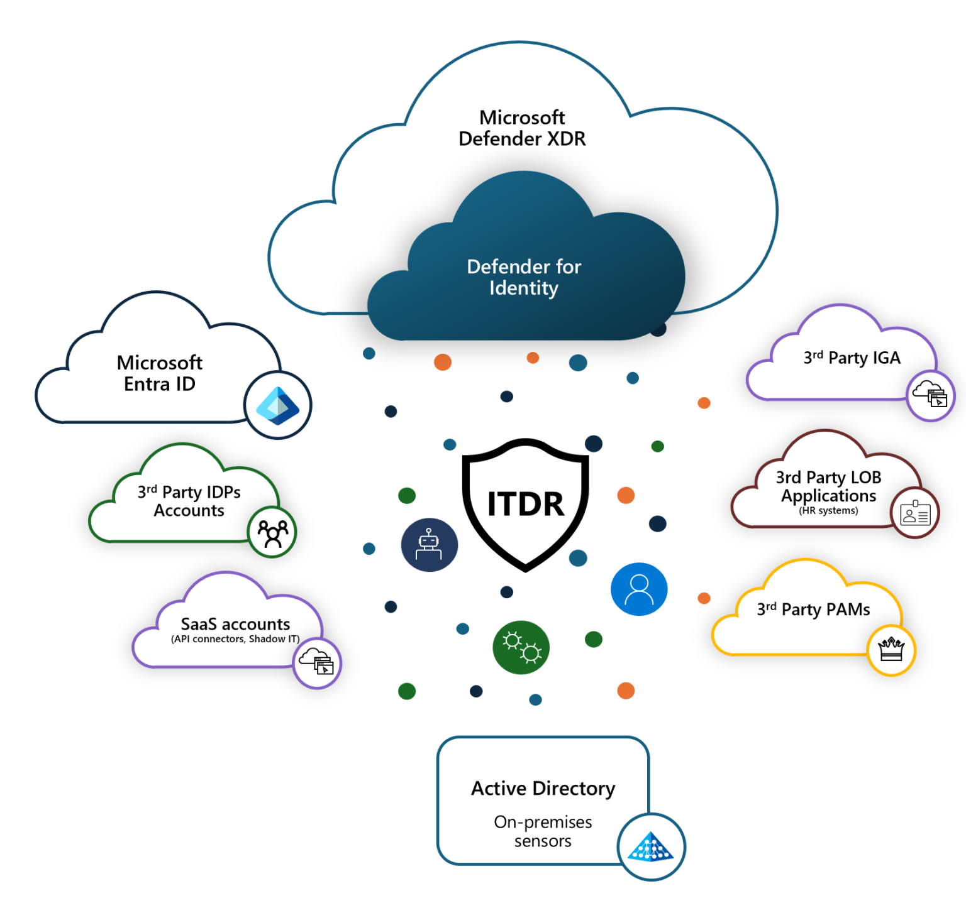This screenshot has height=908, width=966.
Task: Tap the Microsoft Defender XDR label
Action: coord(522,128)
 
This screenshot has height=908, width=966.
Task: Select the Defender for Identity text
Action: coord(524,277)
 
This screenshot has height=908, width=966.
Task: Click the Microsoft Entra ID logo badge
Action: coord(277,405)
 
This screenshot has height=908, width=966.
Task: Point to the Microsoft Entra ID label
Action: coord(160,373)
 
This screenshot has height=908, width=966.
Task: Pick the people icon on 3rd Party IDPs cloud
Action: coord(272,533)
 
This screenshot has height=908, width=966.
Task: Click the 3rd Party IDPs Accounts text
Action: coord(189,501)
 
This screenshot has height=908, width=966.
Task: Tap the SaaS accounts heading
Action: coord(235,624)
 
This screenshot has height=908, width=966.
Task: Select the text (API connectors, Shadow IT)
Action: coord(235,639)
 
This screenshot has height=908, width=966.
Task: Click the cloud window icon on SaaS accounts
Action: coord(317,663)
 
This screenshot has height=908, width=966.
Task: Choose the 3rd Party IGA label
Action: coord(852,358)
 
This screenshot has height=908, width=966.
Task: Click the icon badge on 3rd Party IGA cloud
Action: coord(930,395)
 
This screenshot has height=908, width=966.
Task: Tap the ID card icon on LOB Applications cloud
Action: coord(915,513)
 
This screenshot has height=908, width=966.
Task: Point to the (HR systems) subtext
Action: coord(828,511)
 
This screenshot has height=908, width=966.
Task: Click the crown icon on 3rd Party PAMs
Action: coord(891,650)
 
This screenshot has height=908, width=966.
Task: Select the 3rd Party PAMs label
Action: coord(813,609)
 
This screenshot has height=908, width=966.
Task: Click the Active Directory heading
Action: coord(543,788)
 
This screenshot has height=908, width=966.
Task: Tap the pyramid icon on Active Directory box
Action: coord(651,847)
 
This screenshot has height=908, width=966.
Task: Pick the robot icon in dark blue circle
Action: coord(429,545)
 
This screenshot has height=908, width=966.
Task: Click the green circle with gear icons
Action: coord(521,648)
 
